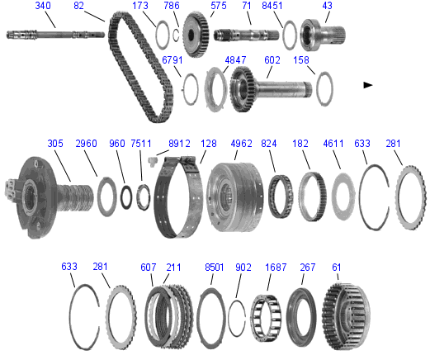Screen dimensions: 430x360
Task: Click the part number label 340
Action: pyautogui.click(x=43, y=6)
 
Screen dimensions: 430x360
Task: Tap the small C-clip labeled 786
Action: pyautogui.click(x=176, y=35)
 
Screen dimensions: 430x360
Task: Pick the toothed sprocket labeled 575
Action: pyautogui.click(x=196, y=35)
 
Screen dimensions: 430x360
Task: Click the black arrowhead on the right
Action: pyautogui.click(x=368, y=85)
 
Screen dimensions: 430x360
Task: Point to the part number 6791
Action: pyautogui.click(x=172, y=60)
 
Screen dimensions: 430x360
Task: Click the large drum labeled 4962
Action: pyautogui.click(x=234, y=197)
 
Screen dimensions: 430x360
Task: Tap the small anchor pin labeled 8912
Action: pyautogui.click(x=152, y=161)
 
